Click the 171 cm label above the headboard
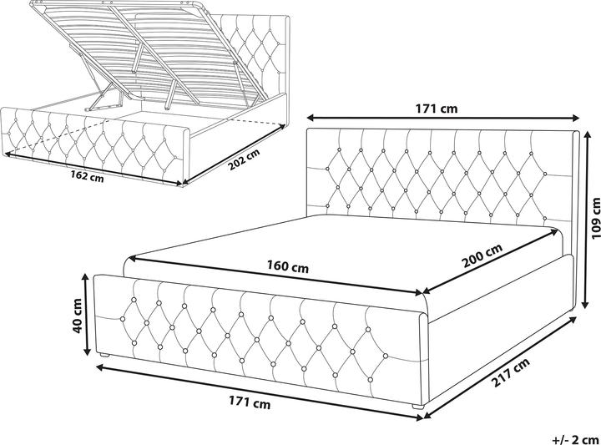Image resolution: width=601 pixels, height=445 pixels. click(439, 107)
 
